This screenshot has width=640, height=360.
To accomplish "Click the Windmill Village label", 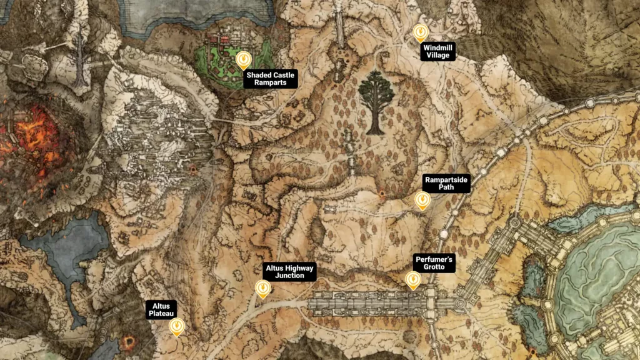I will [x=437, y=51].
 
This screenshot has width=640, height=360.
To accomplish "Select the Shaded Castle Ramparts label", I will [x=271, y=79].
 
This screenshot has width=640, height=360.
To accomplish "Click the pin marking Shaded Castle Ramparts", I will [x=243, y=59].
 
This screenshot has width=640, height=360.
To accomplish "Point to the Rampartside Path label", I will [x=446, y=183].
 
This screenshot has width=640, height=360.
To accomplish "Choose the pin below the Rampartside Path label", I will [x=423, y=200].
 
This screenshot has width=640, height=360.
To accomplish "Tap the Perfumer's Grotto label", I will [x=429, y=263].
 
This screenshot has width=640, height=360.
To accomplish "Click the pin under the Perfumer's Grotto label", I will [x=413, y=280].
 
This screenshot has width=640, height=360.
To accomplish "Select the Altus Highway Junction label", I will [x=289, y=271].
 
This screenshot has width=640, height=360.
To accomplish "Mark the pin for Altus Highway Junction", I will [x=263, y=288].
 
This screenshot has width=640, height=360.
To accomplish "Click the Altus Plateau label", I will [x=161, y=310].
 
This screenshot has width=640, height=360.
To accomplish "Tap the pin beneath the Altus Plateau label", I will [x=177, y=326].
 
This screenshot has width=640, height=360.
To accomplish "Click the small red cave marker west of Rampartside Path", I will [x=382, y=194].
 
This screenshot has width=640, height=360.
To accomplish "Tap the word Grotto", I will [x=429, y=267].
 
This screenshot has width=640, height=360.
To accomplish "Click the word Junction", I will [x=289, y=276].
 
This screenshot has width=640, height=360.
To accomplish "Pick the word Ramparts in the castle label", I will [x=271, y=83].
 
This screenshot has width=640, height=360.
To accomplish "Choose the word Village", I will [x=437, y=55].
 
